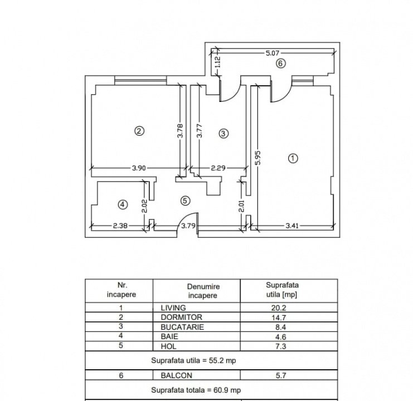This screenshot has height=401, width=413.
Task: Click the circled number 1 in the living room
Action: [293, 158]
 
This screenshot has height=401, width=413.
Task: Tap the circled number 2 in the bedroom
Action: [139, 131]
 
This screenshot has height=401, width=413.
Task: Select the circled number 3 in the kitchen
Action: [223, 134]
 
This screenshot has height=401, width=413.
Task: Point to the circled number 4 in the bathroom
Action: [123, 204]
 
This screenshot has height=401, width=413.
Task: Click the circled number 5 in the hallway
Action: [185, 200]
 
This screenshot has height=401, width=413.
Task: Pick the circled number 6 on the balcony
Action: [280, 63]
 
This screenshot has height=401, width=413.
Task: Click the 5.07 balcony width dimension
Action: [273, 53]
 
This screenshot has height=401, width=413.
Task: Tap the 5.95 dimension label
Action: [258, 158]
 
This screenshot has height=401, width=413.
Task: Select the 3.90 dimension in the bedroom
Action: [139, 168]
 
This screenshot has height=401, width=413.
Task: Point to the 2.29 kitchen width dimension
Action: [218, 168]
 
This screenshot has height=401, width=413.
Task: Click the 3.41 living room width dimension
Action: [292, 226]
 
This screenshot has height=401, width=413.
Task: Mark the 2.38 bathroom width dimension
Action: [120, 226]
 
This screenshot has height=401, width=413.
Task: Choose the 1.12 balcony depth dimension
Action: [218, 62]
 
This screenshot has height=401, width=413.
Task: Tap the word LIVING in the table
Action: [173, 307]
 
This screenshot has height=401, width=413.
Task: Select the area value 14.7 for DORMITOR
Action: [279, 317]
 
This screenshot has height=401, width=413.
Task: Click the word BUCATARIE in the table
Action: [182, 327]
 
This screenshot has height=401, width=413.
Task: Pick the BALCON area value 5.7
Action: [281, 375]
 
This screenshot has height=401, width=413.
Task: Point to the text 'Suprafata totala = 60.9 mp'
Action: [196, 390]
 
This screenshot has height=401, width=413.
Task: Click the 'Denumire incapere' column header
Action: [203, 291]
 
